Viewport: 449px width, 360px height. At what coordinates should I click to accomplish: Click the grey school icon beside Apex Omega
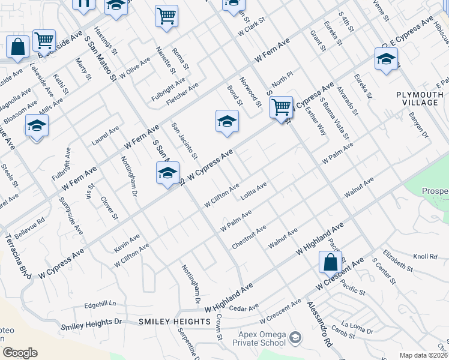(295, 338)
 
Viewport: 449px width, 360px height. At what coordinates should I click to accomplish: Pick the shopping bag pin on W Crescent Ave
(330, 262)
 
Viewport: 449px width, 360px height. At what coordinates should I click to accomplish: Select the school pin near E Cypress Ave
(386, 59)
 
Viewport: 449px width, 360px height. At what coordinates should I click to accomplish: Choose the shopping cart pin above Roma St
(166, 16)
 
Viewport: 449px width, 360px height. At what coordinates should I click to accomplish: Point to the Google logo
(20, 353)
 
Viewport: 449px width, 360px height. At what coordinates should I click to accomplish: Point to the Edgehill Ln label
(95, 304)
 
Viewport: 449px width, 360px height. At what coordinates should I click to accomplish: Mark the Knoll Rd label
(425, 256)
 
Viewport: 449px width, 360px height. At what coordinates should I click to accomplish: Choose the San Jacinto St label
(184, 141)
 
